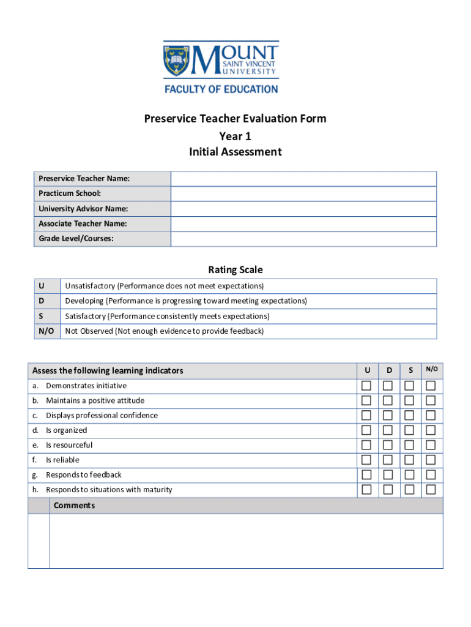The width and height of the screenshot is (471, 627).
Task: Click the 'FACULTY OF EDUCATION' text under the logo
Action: click(221, 89)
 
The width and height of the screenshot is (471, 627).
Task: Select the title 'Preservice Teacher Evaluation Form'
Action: click(235, 119)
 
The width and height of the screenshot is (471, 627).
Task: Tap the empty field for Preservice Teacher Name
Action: click(303, 179)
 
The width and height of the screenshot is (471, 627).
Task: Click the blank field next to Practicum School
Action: click(303, 193)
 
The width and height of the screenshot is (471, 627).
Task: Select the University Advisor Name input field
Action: click(303, 209)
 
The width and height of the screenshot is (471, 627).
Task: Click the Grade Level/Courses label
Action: click(76, 239)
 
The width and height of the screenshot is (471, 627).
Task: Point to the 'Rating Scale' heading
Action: click(235, 269)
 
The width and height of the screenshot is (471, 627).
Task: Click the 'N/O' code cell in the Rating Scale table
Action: click(46, 331)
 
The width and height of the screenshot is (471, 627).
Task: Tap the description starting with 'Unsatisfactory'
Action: click(164, 286)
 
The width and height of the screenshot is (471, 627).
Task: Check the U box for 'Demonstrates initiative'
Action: click(366, 386)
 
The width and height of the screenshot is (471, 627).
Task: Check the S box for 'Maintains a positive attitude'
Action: click(409, 400)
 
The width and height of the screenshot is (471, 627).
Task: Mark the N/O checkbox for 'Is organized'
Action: click(431, 430)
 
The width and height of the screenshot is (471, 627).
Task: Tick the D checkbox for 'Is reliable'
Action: click(388, 460)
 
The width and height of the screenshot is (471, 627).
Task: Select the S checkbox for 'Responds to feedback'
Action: click(409, 475)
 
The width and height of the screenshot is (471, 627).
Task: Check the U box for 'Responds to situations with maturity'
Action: click(366, 489)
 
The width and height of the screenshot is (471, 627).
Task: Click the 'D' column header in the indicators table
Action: click(388, 370)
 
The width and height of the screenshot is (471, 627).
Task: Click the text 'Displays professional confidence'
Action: click(102, 415)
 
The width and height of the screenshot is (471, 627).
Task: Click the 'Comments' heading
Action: click(74, 505)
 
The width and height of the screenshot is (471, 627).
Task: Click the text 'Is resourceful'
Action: click(69, 445)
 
